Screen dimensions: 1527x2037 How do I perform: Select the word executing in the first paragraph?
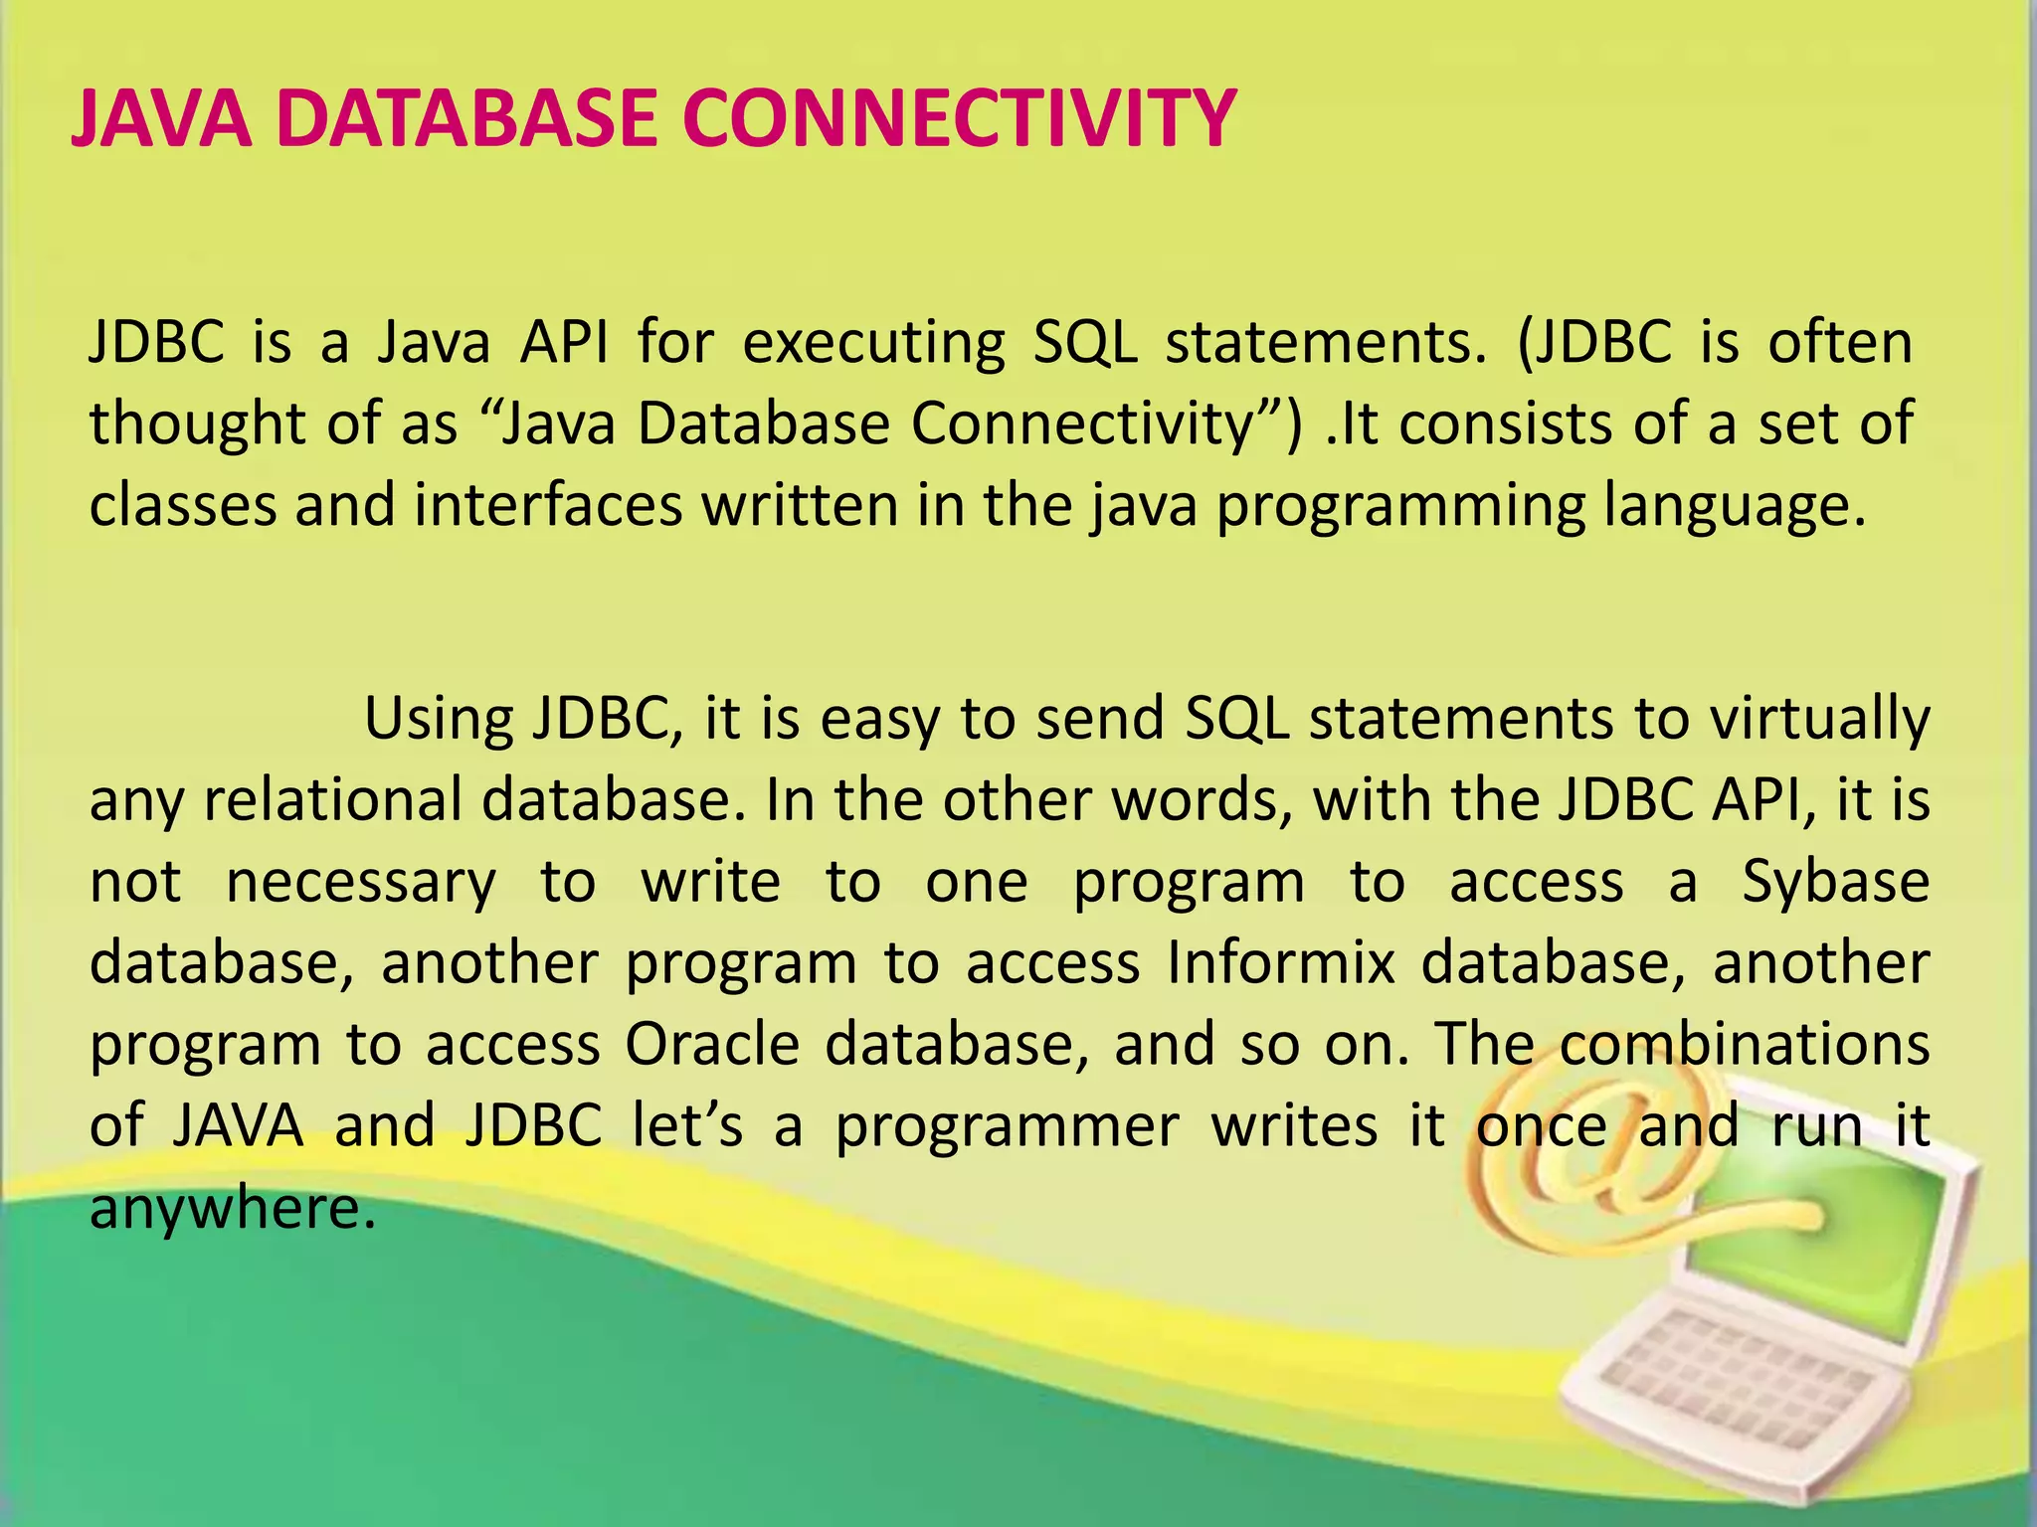pyautogui.click(x=872, y=344)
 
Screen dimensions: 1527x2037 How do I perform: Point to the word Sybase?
pyautogui.click(x=1835, y=883)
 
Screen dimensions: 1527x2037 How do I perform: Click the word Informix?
pyautogui.click(x=1281, y=963)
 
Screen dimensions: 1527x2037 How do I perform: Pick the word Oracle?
pyautogui.click(x=712, y=1045)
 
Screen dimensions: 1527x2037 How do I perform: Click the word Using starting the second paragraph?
pyautogui.click(x=438, y=719)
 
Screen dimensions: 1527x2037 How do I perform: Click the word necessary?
pyautogui.click(x=360, y=883)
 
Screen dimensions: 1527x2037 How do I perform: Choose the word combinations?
pyautogui.click(x=1744, y=1045)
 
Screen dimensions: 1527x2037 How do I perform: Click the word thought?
pyautogui.click(x=196, y=424)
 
